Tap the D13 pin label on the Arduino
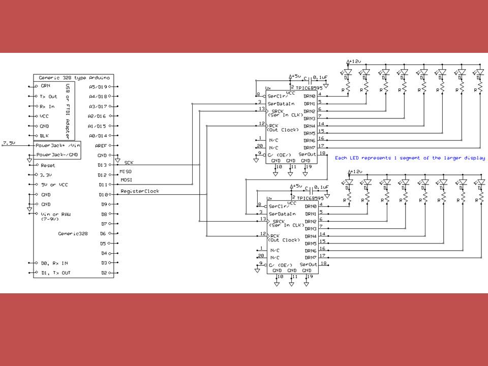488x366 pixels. point(102,165)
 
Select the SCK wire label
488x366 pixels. point(129,162)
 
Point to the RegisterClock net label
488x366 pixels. point(140,191)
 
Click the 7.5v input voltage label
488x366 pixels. point(8,143)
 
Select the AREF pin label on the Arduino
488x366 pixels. point(101,145)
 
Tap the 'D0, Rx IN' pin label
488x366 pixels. point(55,263)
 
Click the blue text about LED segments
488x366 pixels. point(410,158)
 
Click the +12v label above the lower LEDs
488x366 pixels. point(354,172)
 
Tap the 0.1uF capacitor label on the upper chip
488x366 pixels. point(321,78)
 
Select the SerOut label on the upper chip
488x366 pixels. point(307,154)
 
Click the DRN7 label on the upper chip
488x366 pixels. point(309,147)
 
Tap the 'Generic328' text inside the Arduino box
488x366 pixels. point(71,233)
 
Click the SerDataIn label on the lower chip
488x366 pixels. point(283,213)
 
